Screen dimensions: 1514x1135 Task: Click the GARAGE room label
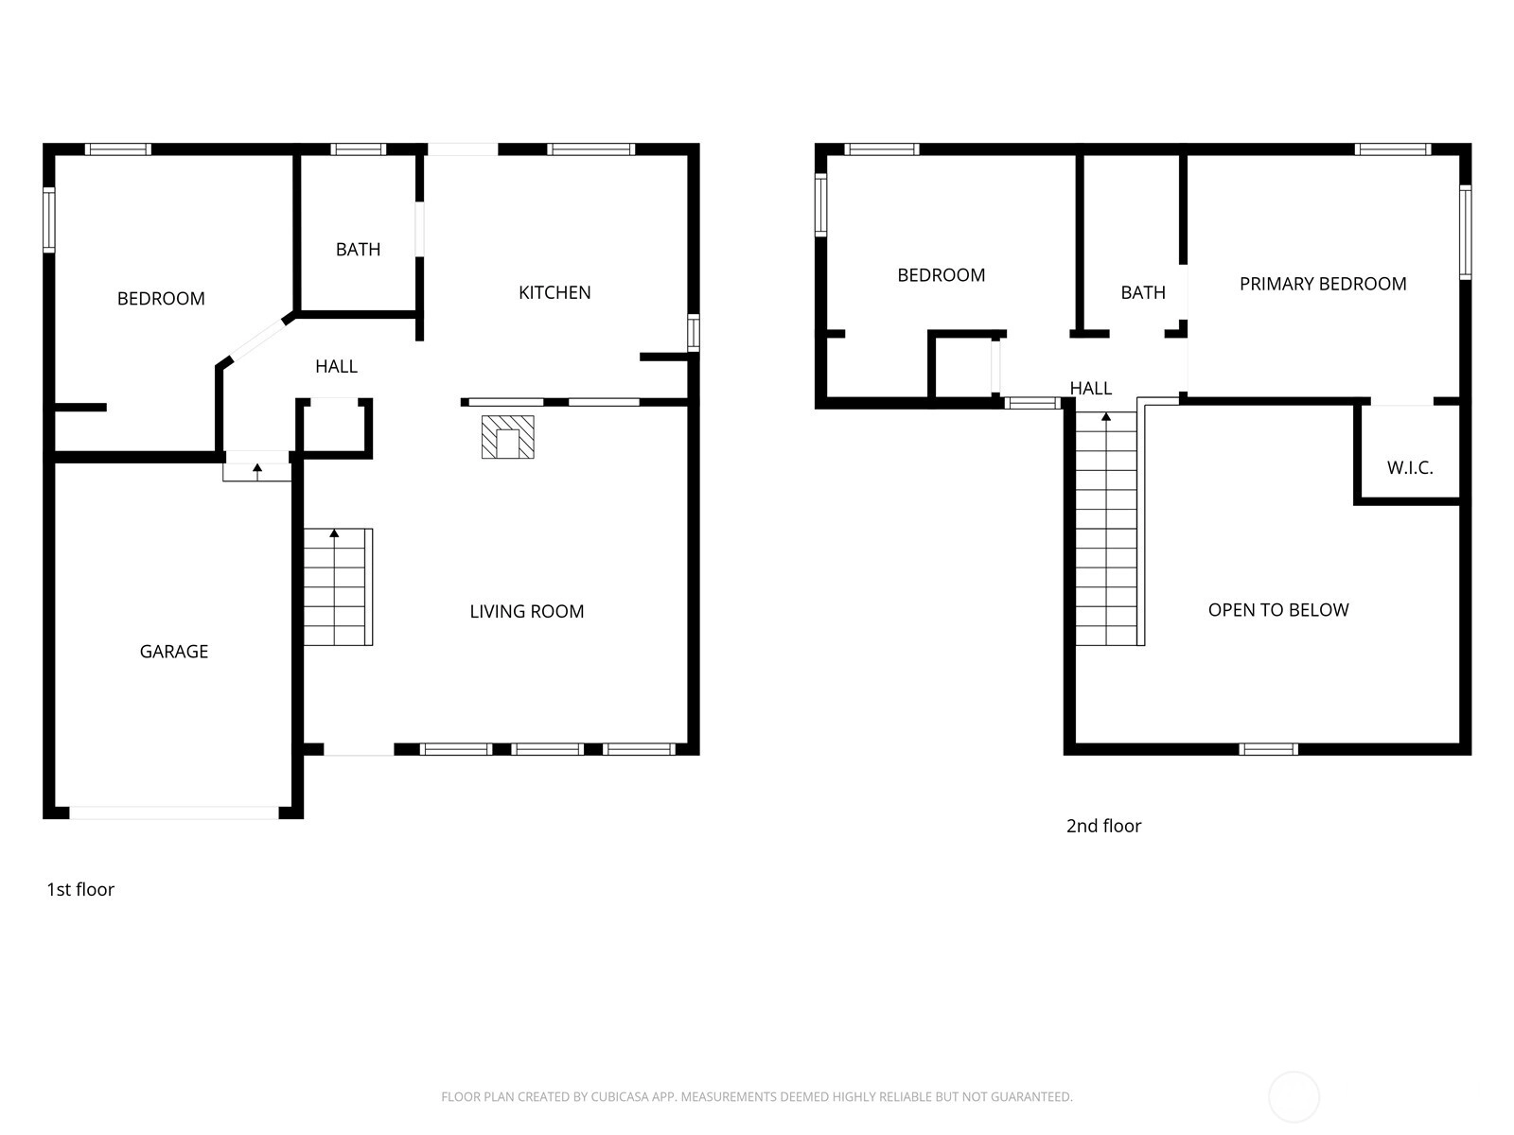click(174, 652)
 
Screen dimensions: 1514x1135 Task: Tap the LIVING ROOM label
click(526, 611)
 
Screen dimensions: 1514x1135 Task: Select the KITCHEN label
click(555, 292)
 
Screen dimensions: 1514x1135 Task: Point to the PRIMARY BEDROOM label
click(1322, 284)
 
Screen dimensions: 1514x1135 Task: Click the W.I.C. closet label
click(1410, 468)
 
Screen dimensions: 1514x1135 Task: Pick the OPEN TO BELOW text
click(1278, 610)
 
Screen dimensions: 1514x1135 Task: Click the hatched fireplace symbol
click(507, 437)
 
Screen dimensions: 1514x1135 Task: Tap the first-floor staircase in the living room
click(338, 587)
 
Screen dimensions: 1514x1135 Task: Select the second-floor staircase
click(1106, 529)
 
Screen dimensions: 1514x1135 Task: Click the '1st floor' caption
click(80, 889)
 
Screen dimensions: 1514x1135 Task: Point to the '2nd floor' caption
click(1103, 826)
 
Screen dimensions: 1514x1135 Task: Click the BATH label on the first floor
click(358, 250)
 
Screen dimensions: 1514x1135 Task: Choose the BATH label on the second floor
click(1143, 293)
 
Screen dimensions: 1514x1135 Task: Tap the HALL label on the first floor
click(336, 367)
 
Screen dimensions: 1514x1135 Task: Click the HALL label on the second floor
click(1090, 389)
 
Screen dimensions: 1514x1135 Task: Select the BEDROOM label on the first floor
click(161, 298)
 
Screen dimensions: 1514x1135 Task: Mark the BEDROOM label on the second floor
click(941, 275)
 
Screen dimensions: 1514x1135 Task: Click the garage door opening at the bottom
click(174, 813)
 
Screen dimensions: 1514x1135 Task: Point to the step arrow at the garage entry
click(257, 472)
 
